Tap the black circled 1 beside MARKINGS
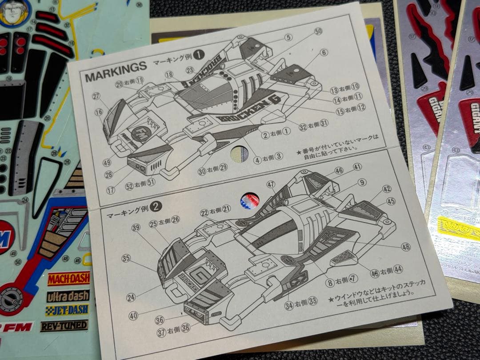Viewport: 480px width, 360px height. (199, 55)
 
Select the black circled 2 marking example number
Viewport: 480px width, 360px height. (155, 206)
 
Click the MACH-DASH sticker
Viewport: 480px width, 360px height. (68, 279)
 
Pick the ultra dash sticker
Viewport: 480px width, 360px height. (68, 296)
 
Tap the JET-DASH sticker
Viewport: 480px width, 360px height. (67, 310)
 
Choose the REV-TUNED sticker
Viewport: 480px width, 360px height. (64, 325)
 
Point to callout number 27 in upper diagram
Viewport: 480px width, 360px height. (97, 96)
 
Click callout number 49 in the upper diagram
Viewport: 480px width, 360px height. (107, 163)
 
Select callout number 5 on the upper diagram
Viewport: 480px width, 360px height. (288, 38)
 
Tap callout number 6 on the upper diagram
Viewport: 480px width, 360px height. (324, 52)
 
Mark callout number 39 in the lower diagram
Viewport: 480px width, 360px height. (136, 228)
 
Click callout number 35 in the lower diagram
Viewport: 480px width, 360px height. (126, 258)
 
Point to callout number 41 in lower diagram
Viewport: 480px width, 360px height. (357, 167)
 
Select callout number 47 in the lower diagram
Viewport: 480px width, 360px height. (271, 184)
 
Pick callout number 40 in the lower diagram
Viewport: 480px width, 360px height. (133, 316)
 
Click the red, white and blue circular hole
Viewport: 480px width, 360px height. (250, 201)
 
